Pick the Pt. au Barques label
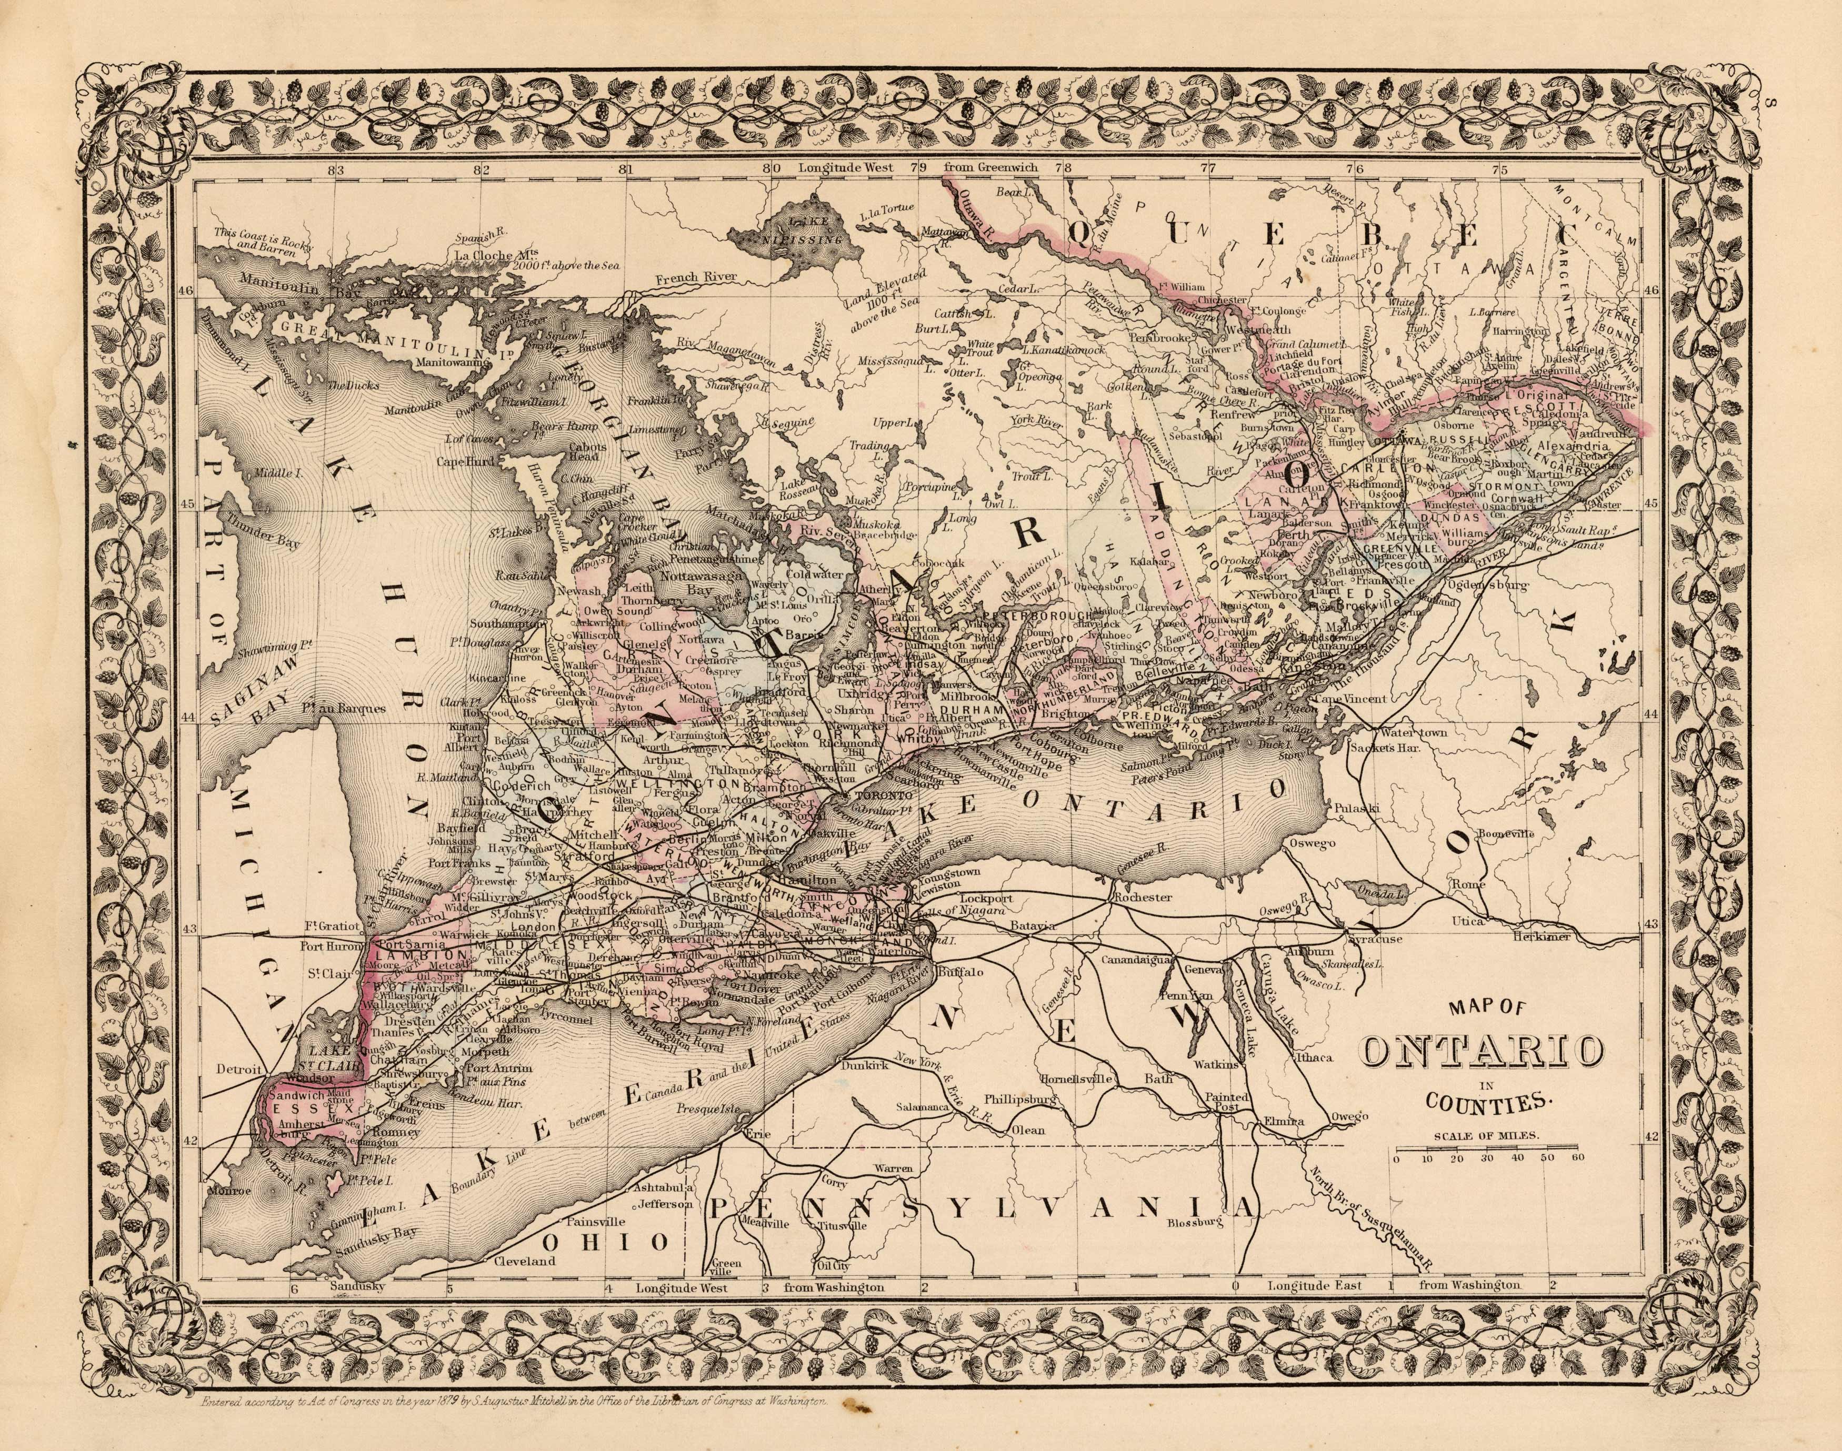point(349,707)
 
